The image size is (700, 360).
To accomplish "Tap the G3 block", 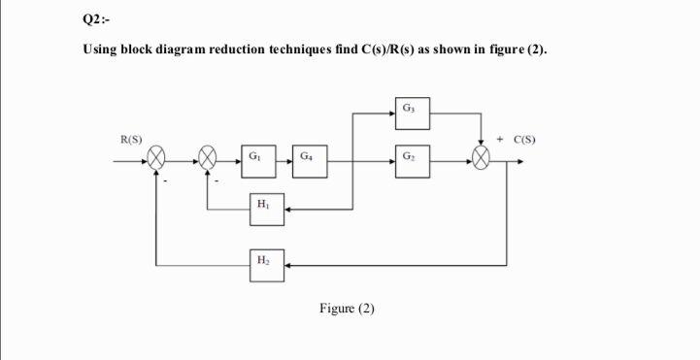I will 412,108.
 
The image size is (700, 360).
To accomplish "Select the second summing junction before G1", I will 208,157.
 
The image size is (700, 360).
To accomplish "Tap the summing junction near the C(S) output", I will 483,157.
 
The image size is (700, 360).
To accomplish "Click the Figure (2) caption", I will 347,309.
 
